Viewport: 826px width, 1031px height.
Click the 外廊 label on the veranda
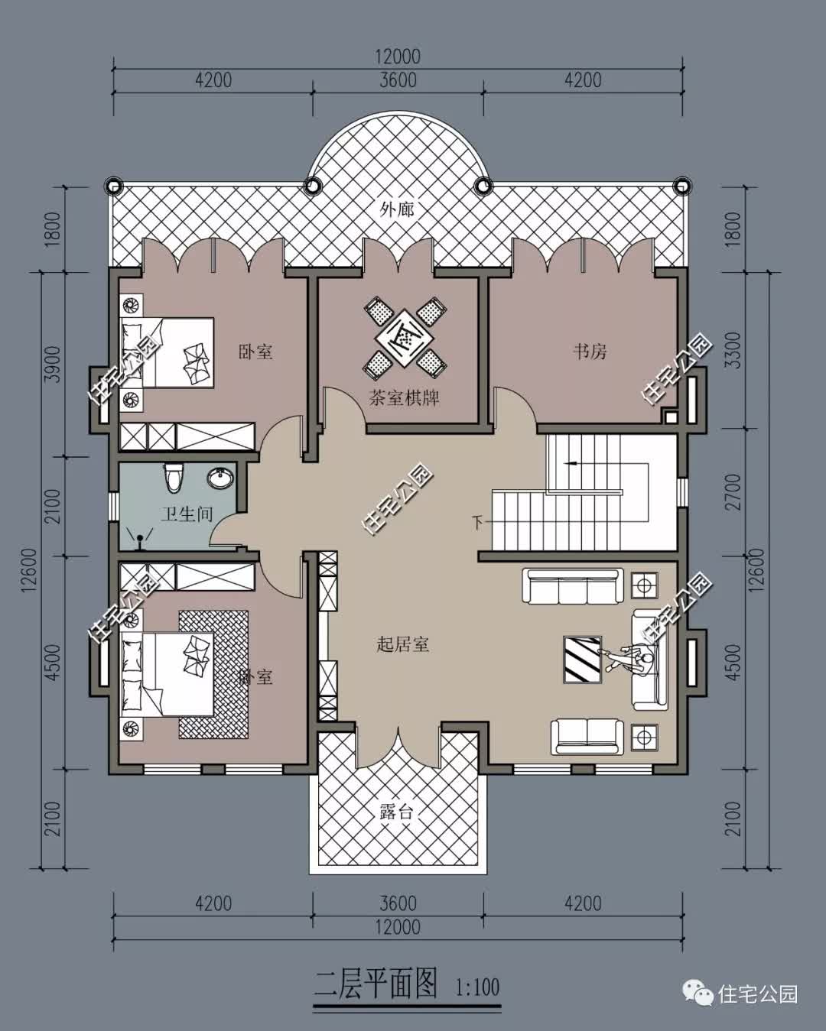tap(397, 209)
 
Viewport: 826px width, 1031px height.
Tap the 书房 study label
tap(590, 352)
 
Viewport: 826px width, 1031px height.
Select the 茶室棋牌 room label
tap(404, 397)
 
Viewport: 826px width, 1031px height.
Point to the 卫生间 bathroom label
tap(187, 514)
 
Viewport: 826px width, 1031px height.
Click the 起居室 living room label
tap(402, 644)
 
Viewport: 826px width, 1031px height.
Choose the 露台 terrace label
tap(396, 812)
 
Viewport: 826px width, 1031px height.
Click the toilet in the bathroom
tap(173, 478)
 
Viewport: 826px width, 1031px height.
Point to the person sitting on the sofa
tap(636, 659)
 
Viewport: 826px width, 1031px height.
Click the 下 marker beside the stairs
tap(477, 523)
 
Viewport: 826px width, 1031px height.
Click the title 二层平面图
tap(376, 984)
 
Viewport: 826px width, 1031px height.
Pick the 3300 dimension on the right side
tap(733, 350)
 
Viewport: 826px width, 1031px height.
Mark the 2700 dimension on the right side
tap(733, 493)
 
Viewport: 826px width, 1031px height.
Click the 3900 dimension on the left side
tap(51, 365)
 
